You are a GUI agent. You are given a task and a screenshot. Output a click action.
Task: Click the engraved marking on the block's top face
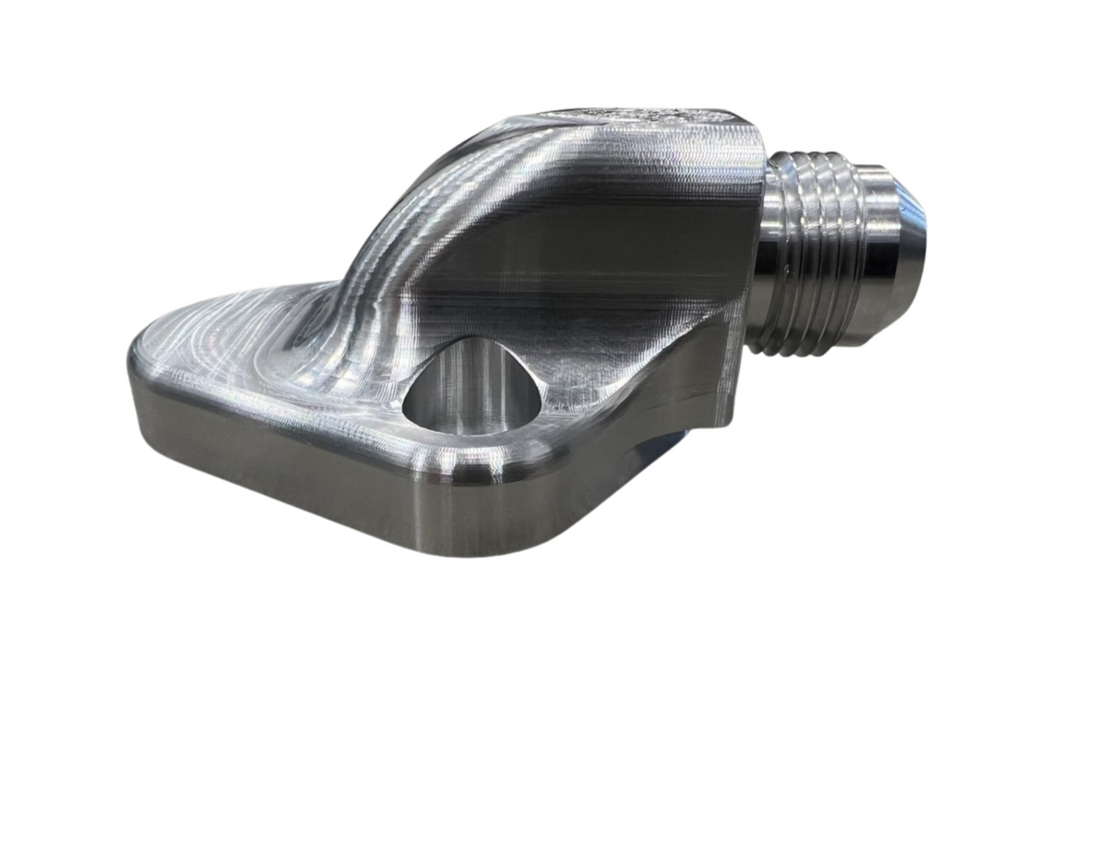click(637, 119)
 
